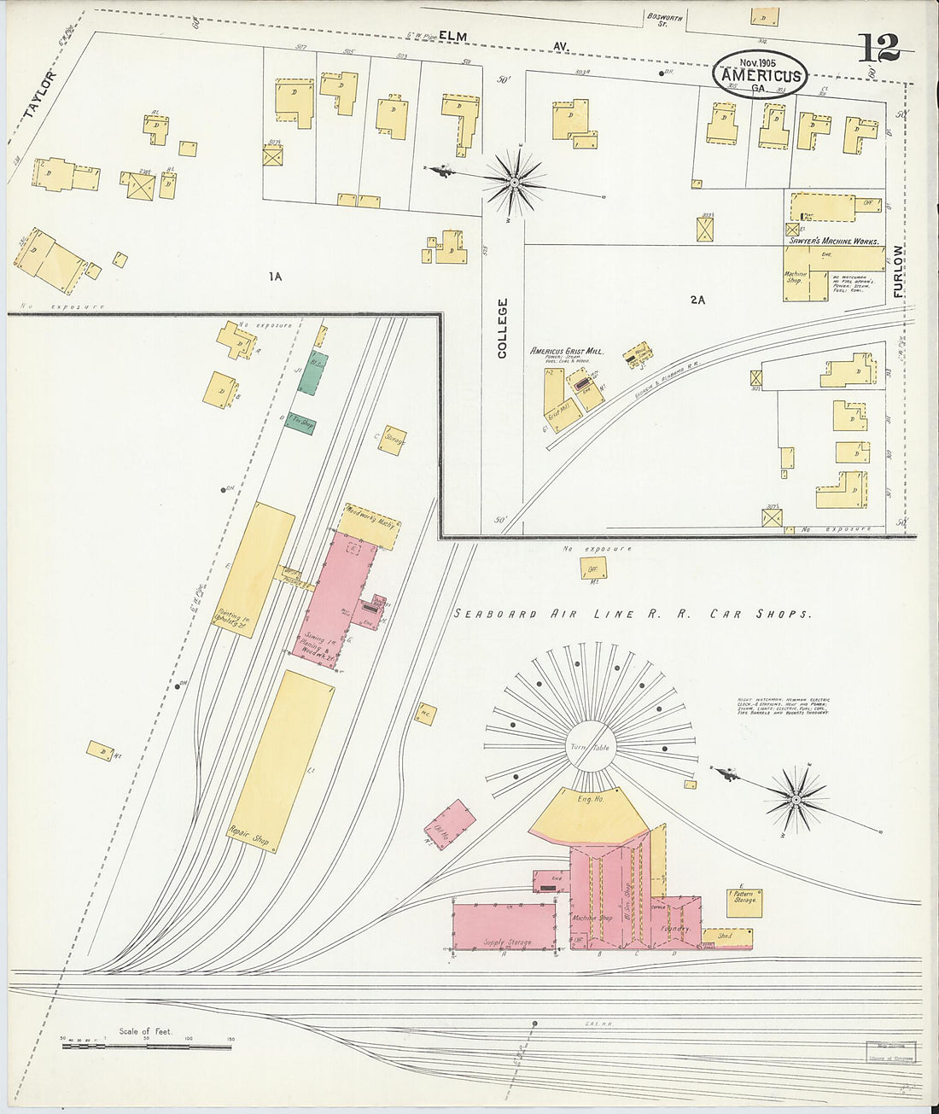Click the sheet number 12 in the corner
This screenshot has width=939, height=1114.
(878, 47)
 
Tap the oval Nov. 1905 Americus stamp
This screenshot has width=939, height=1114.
(760, 73)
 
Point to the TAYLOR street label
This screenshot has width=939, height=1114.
(41, 94)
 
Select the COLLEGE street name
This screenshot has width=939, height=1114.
(502, 327)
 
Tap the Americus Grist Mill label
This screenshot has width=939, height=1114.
(566, 351)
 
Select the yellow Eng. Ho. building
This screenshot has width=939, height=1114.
(590, 811)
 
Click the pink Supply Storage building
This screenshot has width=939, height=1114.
(504, 926)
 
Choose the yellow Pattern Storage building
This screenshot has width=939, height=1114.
(744, 902)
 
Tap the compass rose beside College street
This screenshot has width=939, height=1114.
(515, 182)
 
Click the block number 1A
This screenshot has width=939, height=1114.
(274, 277)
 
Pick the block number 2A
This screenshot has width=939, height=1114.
(697, 299)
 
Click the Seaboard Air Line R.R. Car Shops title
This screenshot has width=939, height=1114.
(631, 614)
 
